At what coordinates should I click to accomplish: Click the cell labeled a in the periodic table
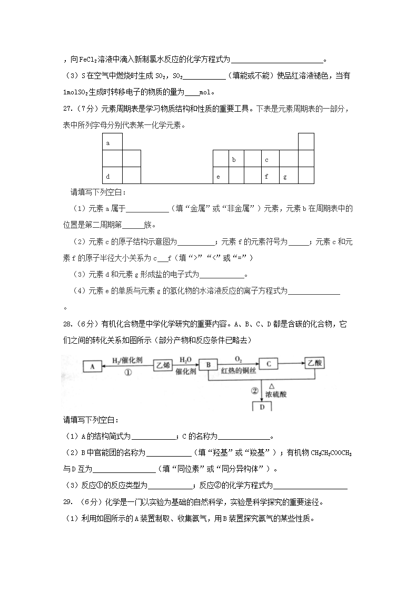112,142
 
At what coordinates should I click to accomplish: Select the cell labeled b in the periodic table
236,159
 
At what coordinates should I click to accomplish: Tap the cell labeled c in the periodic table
270,159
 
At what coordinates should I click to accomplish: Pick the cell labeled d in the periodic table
112,176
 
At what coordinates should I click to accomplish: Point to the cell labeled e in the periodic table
221,176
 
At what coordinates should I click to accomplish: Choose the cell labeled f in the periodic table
270,176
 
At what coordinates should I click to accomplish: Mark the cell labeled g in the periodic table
289,176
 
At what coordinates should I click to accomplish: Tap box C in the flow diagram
268,364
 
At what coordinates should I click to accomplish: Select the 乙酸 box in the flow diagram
316,364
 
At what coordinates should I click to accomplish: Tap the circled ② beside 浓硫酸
254,391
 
